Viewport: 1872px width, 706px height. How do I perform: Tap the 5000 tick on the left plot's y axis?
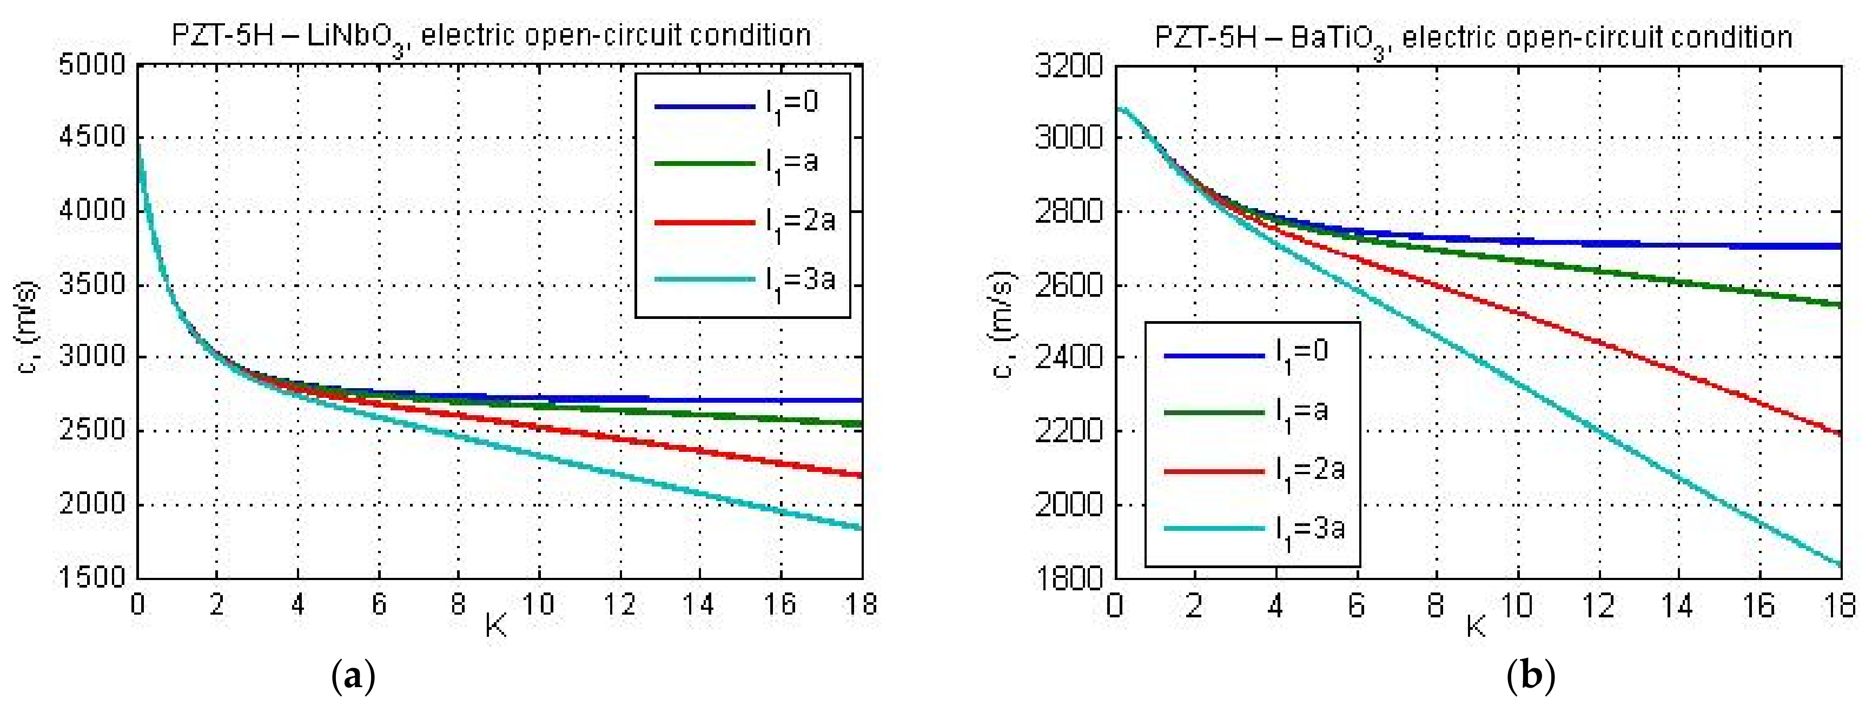(92, 65)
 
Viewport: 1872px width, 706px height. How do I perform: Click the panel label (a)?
(353, 677)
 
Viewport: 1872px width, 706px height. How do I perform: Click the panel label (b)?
(1531, 677)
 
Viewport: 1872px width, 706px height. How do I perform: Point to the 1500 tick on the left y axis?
(92, 577)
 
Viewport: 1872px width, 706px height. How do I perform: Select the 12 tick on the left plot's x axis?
(619, 604)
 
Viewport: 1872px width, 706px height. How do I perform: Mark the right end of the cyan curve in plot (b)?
(1840, 564)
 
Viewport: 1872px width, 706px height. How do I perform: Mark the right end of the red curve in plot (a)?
(861, 476)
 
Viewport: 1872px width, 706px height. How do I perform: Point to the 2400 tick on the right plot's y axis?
(1068, 358)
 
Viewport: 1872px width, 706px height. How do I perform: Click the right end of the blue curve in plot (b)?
(1840, 246)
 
